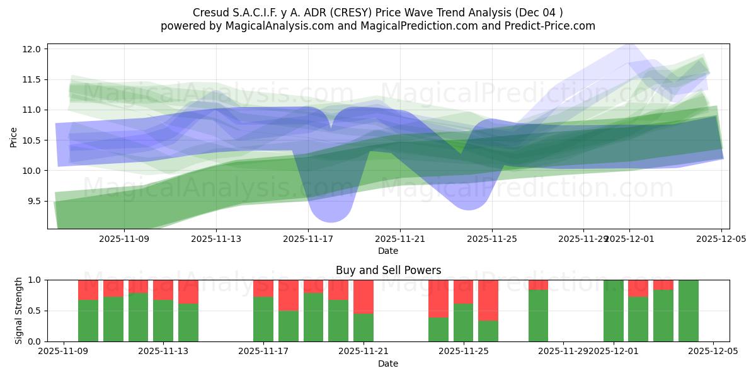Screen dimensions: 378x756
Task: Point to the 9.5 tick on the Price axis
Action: click(x=35, y=202)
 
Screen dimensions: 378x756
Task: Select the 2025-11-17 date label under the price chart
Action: click(x=308, y=239)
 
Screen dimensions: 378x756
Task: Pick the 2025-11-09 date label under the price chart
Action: click(x=124, y=239)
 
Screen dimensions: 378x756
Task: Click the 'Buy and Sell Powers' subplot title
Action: click(x=388, y=270)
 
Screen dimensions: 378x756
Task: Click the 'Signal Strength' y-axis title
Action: click(x=19, y=311)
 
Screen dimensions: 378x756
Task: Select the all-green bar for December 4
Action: click(x=688, y=311)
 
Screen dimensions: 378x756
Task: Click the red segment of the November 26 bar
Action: click(x=488, y=300)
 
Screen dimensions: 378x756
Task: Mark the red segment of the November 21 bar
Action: click(x=364, y=296)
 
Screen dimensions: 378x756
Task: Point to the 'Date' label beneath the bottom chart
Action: click(x=388, y=364)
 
